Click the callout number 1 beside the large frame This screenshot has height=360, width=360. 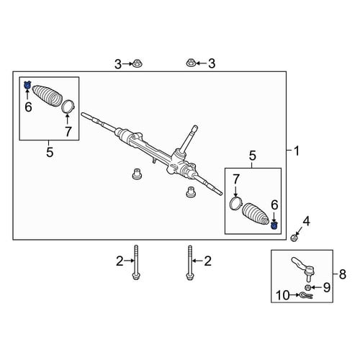tap(297, 151)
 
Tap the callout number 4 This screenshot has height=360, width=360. tap(306, 221)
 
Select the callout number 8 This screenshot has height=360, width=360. tap(343, 274)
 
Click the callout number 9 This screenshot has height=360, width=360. tap(327, 287)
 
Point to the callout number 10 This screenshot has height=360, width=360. tap(283, 295)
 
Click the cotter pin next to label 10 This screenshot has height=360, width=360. tap(307, 295)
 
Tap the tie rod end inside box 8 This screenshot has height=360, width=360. tap(303, 269)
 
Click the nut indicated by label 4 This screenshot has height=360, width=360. tap(294, 238)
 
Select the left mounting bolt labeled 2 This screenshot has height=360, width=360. tap(136, 263)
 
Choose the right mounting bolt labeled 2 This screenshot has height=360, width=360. tap(190, 263)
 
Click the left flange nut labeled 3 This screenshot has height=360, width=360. tap(137, 63)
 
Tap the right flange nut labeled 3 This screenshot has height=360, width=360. tap(191, 63)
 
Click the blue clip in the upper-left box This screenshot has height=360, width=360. tap(27, 85)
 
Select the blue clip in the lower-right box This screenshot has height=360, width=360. tap(274, 225)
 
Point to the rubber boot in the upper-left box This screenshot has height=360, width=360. tap(48, 95)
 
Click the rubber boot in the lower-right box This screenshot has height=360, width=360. tap(255, 215)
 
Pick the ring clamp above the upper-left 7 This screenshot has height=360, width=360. tap(68, 107)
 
